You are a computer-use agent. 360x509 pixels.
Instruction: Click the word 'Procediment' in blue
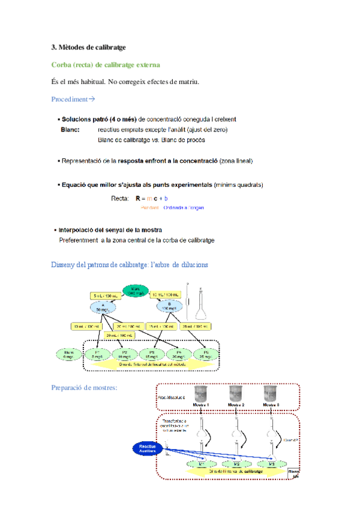tap(70, 99)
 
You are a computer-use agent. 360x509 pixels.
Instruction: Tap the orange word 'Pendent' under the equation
tap(150, 208)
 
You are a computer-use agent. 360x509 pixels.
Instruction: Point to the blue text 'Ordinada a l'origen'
tap(184, 208)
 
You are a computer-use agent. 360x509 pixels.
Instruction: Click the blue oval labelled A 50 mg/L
tap(103, 308)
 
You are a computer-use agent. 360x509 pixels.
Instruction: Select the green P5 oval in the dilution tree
tap(206, 354)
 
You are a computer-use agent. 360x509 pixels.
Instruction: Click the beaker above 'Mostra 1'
tap(200, 396)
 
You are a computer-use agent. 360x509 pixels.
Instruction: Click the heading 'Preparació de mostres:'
tap(84, 388)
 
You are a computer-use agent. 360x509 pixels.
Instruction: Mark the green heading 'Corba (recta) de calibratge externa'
tap(106, 64)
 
